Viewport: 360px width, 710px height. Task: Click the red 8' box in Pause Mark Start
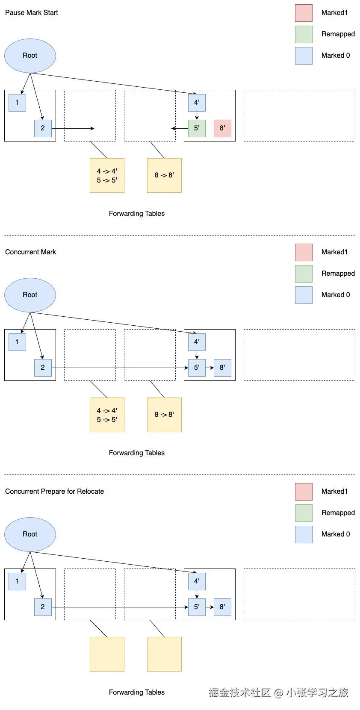point(222,128)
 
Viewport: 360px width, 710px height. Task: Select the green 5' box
point(197,128)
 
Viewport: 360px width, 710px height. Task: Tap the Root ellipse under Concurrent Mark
point(30,295)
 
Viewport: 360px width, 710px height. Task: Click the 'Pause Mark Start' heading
point(32,13)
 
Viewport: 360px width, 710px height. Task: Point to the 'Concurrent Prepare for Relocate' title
point(54,492)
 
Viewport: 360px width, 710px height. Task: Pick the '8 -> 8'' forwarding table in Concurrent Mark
point(164,415)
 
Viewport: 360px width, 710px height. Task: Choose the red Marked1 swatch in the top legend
point(304,13)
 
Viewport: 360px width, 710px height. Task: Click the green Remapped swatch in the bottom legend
point(304,513)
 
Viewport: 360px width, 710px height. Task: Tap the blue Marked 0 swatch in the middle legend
point(304,295)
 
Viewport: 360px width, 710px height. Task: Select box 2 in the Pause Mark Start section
point(43,128)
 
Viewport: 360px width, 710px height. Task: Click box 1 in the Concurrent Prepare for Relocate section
point(17,581)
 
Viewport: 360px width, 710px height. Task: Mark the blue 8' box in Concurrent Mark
point(222,368)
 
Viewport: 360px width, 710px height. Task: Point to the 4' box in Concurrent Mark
point(197,342)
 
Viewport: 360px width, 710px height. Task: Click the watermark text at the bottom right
point(278,692)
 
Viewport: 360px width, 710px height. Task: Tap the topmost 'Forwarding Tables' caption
point(137,214)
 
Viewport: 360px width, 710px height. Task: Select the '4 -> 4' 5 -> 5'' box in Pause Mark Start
point(107,175)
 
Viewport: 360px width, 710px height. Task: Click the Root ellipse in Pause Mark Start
point(30,56)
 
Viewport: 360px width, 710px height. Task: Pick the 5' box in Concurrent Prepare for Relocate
point(197,607)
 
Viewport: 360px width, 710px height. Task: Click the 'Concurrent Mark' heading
point(30,252)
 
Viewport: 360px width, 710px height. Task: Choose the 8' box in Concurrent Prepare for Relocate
point(222,607)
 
